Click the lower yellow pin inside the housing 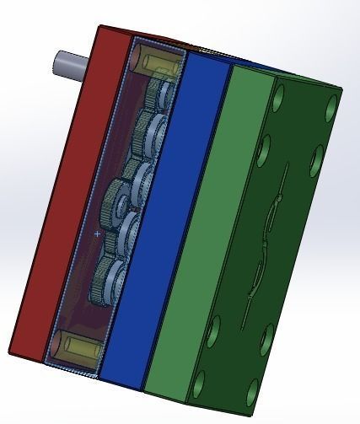click(x=73, y=345)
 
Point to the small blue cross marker click(x=98, y=233)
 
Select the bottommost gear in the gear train click(x=110, y=278)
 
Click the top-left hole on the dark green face click(x=278, y=94)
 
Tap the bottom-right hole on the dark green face click(x=254, y=392)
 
